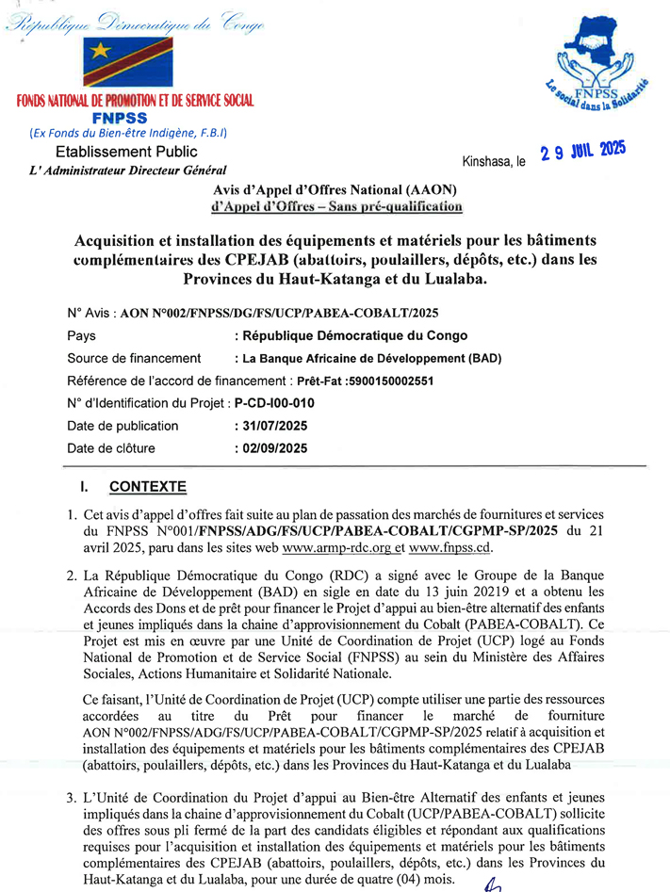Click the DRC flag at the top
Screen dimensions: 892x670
[126, 64]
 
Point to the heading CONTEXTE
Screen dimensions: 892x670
[148, 487]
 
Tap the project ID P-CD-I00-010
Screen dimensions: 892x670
[274, 403]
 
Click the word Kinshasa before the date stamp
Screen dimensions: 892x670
[487, 161]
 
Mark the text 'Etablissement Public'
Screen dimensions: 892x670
[126, 151]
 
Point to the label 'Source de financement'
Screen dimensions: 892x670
[134, 358]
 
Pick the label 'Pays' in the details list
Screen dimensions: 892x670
[82, 335]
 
